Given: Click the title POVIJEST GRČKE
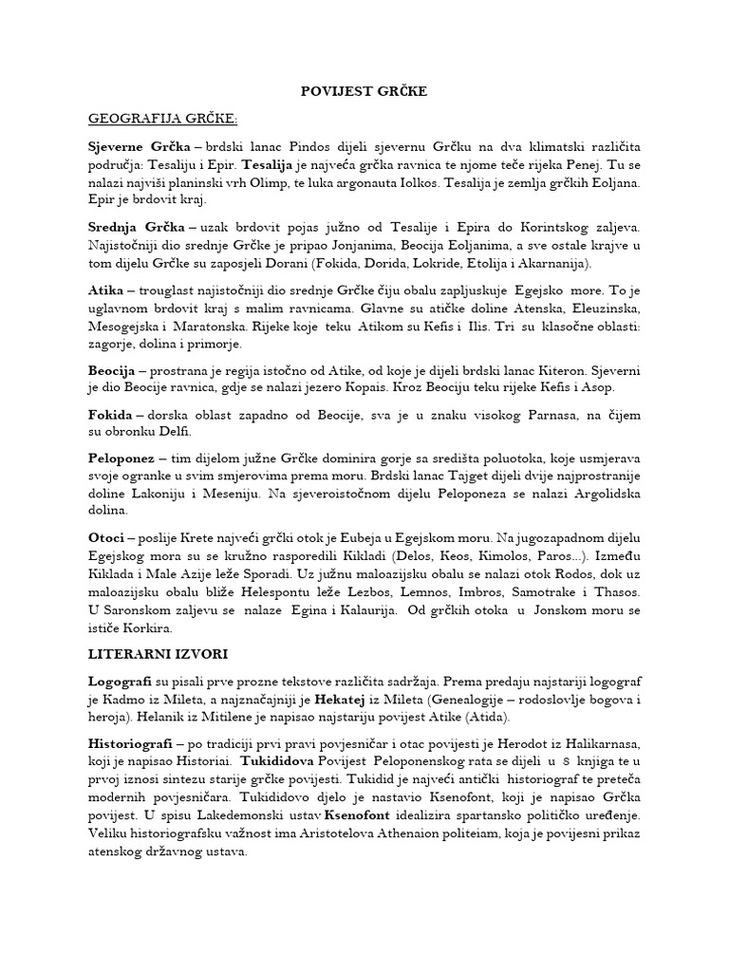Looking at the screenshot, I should click(x=364, y=91).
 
